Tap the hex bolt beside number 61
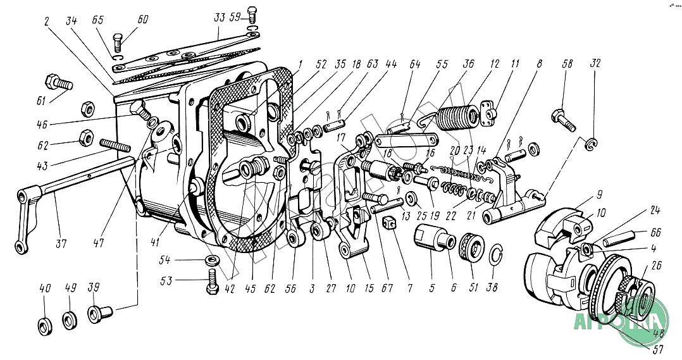pos(57,84)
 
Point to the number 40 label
pos(44,288)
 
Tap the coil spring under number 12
pos(455,117)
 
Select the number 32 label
pos(595,64)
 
